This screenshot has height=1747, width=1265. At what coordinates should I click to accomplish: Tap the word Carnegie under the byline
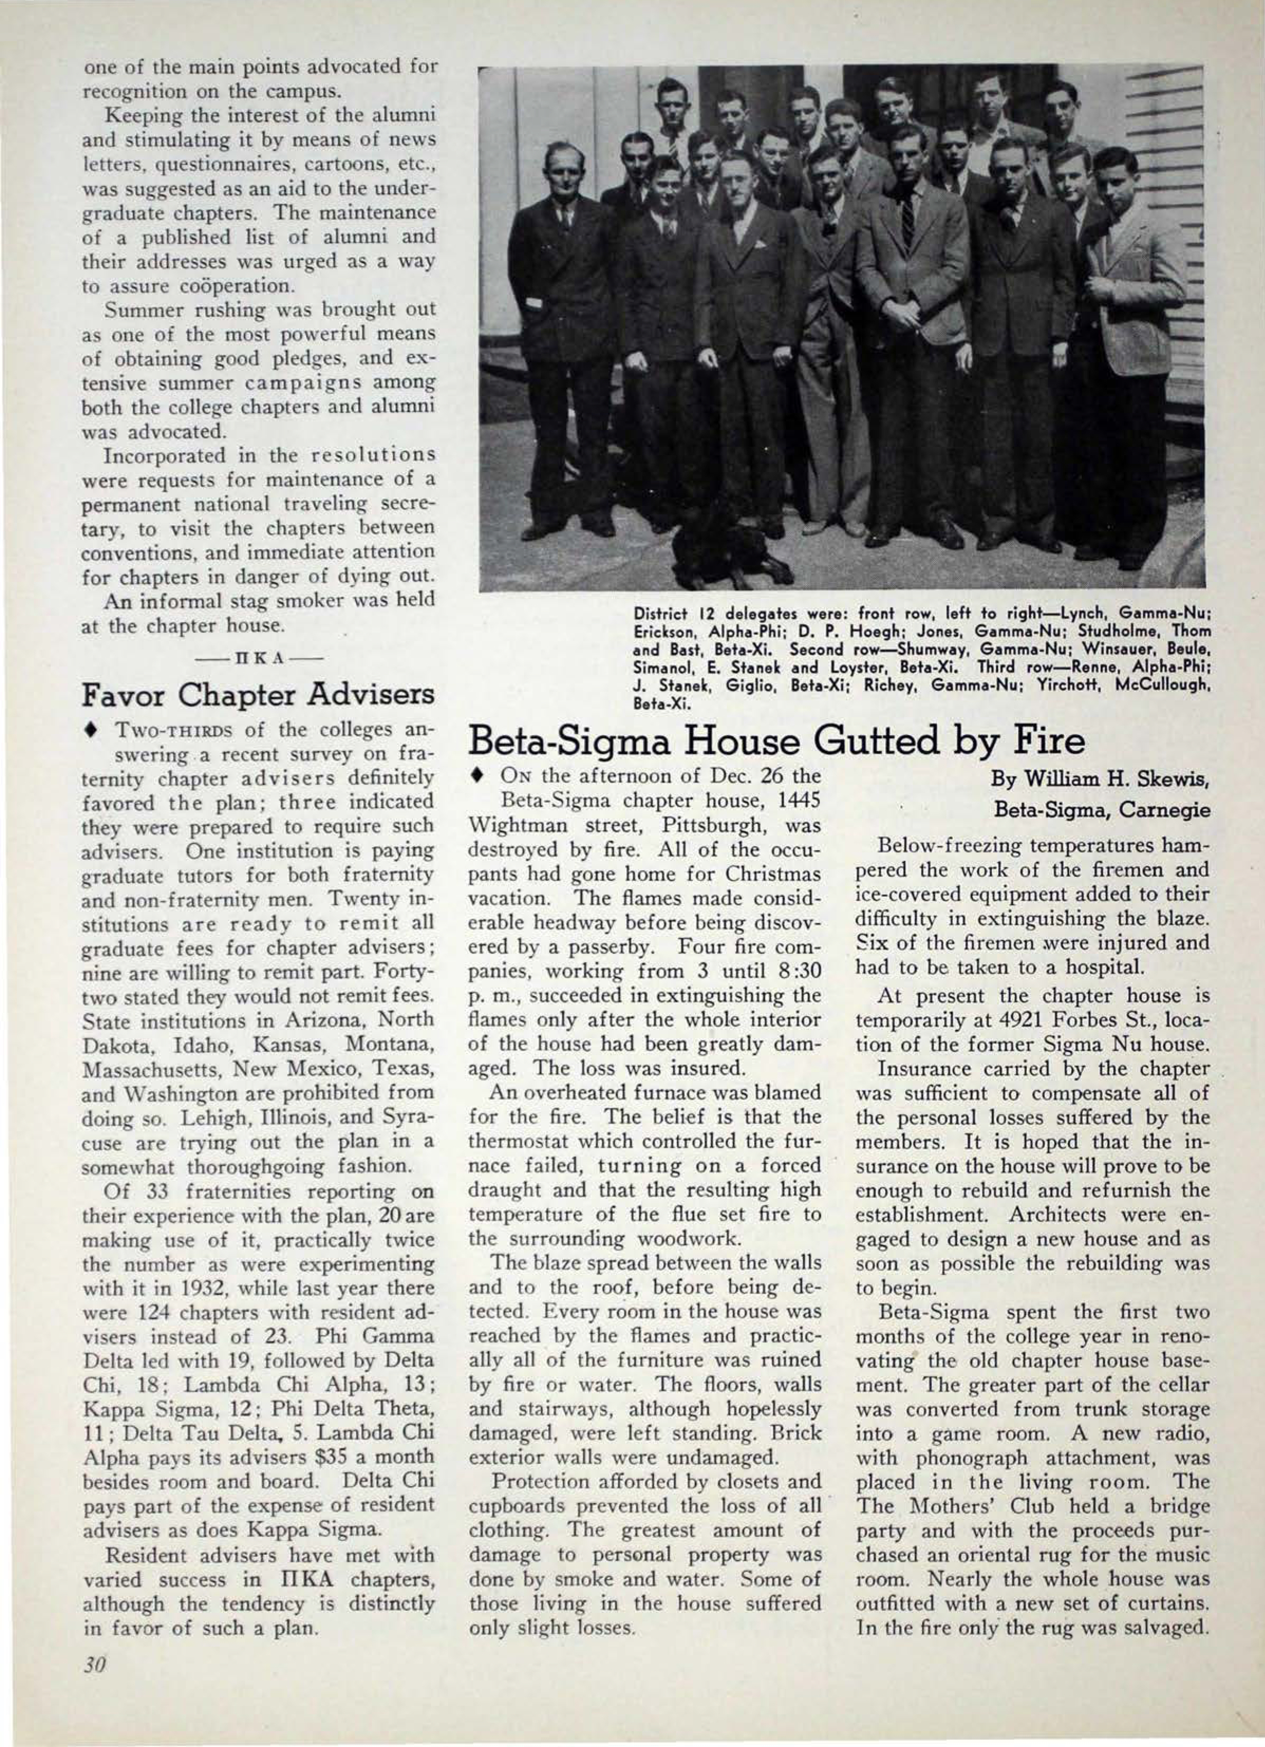tap(1169, 809)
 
